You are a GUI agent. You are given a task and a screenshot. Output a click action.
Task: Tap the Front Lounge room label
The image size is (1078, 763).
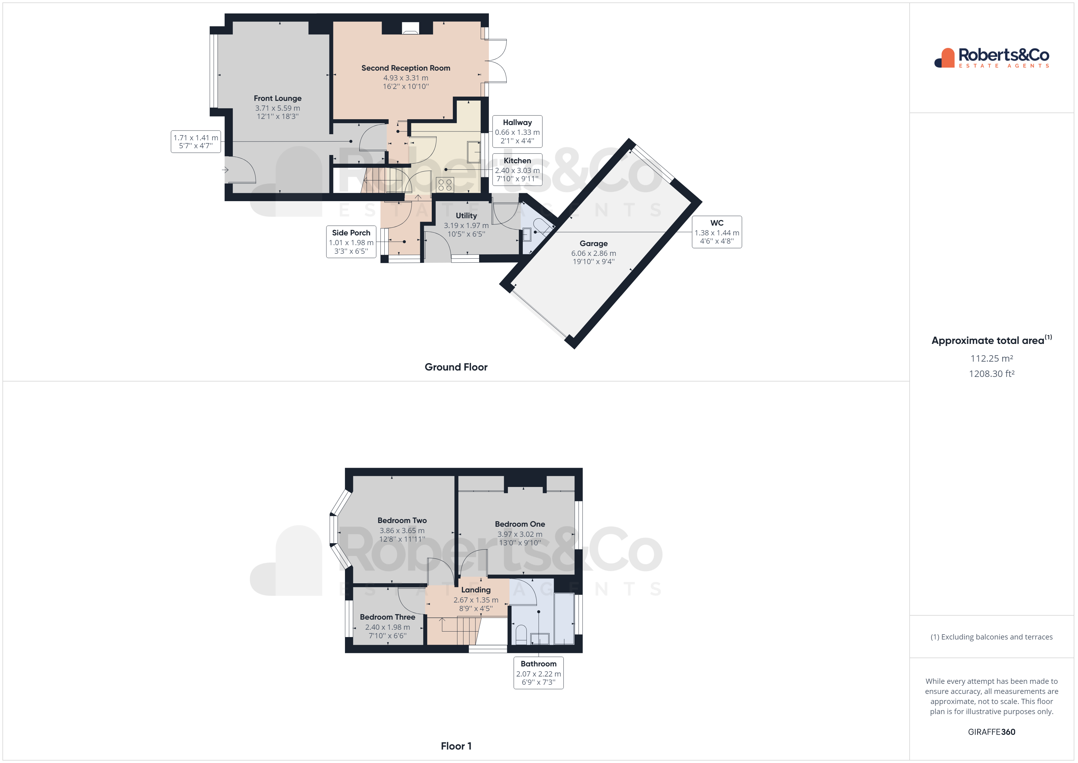(x=277, y=98)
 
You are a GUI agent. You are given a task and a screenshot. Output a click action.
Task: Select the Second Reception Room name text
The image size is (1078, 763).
(x=406, y=68)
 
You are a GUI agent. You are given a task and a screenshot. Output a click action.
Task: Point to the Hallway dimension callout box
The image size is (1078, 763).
(x=517, y=131)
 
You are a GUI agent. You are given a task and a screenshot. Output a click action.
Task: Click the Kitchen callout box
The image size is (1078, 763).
(x=517, y=170)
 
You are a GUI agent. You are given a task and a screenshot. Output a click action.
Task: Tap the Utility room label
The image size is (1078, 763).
(x=466, y=216)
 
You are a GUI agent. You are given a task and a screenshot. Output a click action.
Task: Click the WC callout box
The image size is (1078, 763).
(x=717, y=232)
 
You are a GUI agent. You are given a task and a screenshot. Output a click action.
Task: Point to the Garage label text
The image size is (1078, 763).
(x=593, y=243)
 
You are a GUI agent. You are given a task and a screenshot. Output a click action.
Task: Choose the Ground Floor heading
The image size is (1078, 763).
(x=456, y=367)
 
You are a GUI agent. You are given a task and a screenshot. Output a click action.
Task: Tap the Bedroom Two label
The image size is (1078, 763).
(x=402, y=521)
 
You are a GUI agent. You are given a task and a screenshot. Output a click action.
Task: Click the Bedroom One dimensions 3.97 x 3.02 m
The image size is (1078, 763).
(x=520, y=534)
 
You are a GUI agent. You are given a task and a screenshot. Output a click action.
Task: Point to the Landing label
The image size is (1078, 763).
(x=476, y=590)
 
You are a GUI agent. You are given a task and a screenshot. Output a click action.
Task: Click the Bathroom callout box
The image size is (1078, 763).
(x=538, y=673)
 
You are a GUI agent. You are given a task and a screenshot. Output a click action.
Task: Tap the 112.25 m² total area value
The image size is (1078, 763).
(x=992, y=359)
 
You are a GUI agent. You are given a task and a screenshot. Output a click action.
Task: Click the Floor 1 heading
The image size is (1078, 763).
(x=456, y=746)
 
